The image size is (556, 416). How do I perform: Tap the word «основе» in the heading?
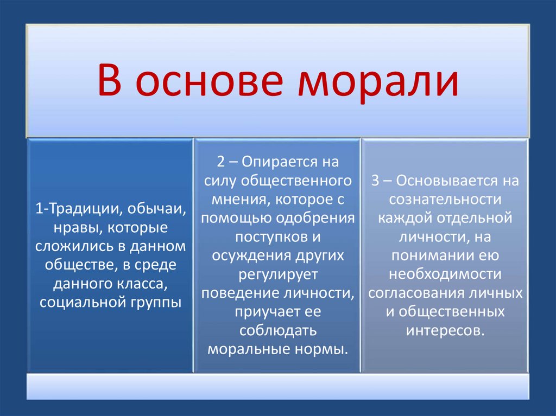tap(209, 81)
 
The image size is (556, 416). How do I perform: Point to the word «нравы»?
tap(76, 228)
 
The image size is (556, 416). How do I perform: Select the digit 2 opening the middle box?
tap(221, 162)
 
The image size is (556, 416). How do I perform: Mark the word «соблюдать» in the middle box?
tap(278, 331)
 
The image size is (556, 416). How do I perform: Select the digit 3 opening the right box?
tap(375, 181)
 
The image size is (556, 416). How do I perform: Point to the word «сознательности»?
tap(445, 200)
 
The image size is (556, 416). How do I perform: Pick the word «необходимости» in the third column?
tap(445, 274)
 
